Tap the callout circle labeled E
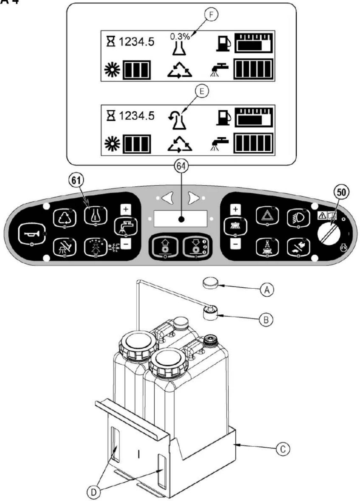pos(202,92)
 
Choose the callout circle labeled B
pos(266,320)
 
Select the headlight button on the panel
pos(299,217)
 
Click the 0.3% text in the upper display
pos(180,37)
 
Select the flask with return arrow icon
pos(177,120)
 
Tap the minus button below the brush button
pos(235,244)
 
